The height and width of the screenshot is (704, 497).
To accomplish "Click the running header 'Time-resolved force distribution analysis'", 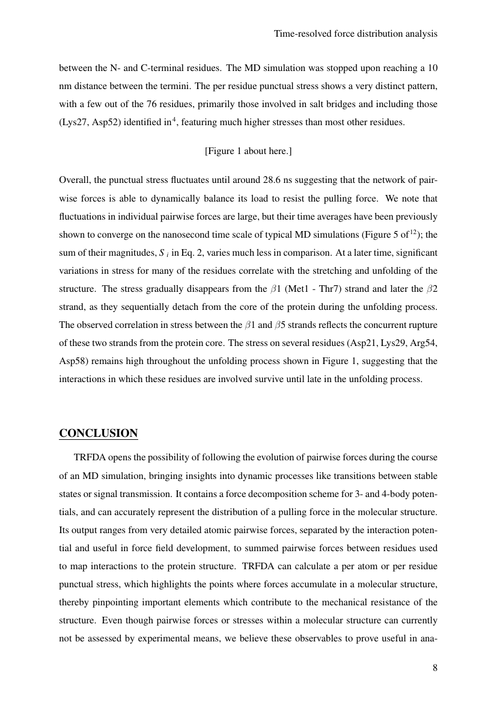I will coord(355,34).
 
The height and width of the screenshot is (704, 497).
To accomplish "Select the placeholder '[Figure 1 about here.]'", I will coord(248,151).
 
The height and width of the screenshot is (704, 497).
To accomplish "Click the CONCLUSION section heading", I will coord(99,433).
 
